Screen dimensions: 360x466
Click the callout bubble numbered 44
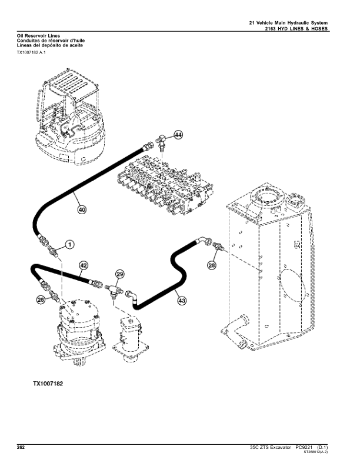178,135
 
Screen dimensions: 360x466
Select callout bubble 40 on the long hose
82,210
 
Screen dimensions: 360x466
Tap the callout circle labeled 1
69,245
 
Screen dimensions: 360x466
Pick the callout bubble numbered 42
84,265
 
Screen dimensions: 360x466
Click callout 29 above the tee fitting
119,274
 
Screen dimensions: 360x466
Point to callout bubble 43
182,301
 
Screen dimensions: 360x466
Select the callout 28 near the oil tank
212,265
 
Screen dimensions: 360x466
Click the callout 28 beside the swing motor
41,300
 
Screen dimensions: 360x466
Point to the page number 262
21,448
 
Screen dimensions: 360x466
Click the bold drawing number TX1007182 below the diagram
48,384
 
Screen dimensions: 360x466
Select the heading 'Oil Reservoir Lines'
38,36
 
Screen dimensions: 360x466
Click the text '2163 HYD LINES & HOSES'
296,29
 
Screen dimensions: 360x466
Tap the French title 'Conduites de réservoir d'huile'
51,41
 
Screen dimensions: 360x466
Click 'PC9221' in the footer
304,448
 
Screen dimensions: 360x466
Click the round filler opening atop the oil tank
267,197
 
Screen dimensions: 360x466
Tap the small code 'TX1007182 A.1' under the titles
31,52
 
